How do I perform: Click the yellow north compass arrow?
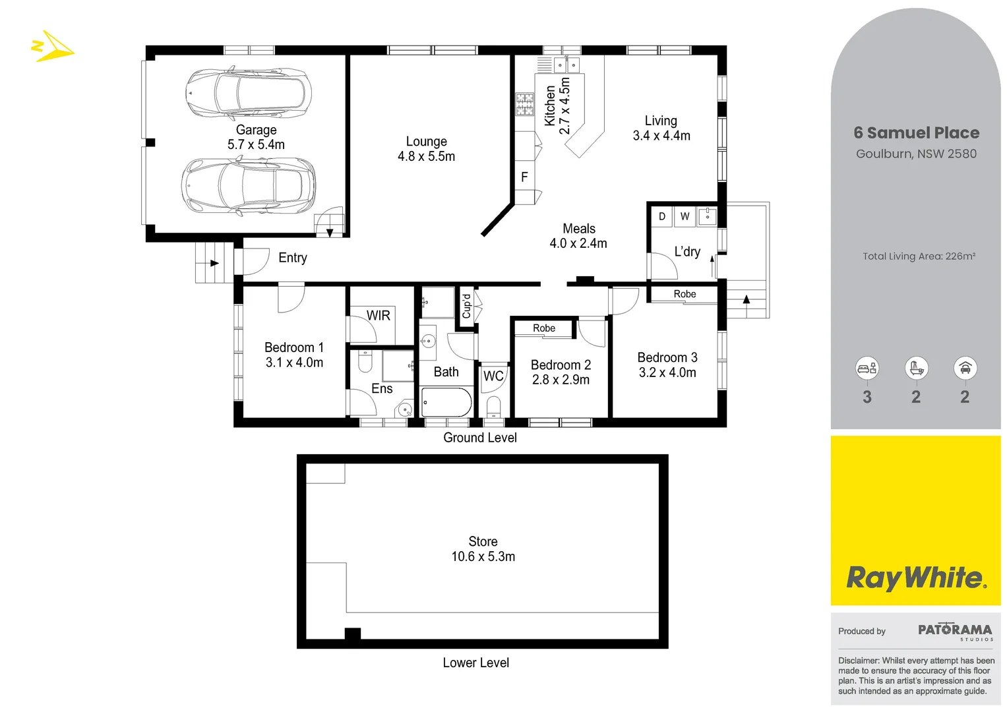point(53,47)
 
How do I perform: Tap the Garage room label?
point(256,130)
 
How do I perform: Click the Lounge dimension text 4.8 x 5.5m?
point(426,156)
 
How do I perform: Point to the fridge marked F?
point(524,177)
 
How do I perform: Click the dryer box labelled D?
point(661,216)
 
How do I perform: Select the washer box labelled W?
point(685,216)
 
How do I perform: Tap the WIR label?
point(379,316)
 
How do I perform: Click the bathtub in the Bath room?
point(446,402)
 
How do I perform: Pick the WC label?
point(493,376)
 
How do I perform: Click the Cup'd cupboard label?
point(466,306)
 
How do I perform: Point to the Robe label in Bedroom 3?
point(685,294)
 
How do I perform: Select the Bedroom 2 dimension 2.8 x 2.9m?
point(561,380)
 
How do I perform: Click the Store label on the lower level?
point(483,541)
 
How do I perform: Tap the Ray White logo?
point(916,578)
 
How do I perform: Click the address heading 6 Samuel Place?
point(916,133)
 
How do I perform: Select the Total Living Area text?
point(919,256)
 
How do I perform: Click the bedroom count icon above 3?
point(867,368)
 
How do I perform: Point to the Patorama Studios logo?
point(955,631)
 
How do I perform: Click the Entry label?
point(293,258)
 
